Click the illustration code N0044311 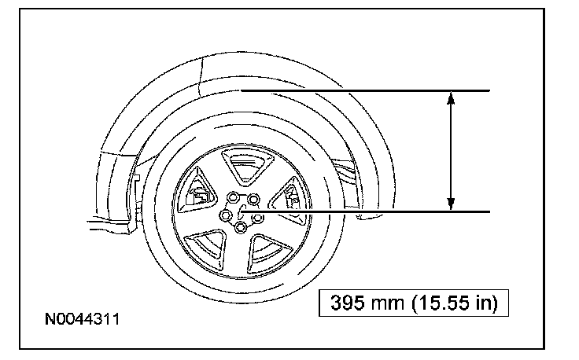click(82, 319)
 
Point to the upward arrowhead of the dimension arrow click(451, 97)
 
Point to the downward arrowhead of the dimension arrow click(451, 204)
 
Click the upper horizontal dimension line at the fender click(365, 90)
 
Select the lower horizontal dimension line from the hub click(366, 211)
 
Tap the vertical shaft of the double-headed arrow click(451, 151)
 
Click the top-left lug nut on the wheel click(233, 197)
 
